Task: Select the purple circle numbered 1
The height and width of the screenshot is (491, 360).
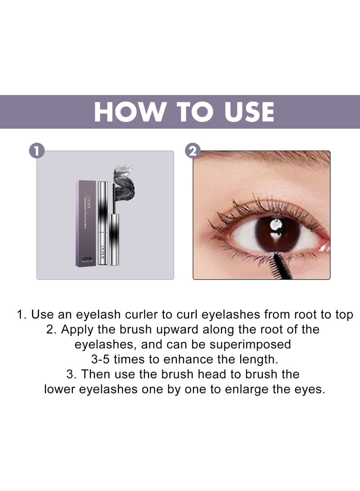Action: [x=36, y=151]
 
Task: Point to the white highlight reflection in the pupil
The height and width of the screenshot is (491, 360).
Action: [x=275, y=225]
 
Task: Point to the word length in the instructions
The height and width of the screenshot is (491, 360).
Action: [x=253, y=359]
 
